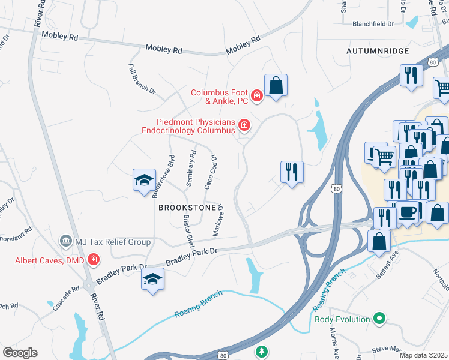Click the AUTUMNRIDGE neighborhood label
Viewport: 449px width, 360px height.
(378, 52)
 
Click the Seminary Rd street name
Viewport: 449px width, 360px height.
(191, 168)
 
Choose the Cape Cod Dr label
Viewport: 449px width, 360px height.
(210, 172)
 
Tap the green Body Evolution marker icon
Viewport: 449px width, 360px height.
(379, 319)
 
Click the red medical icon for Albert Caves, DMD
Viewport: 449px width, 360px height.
(93, 260)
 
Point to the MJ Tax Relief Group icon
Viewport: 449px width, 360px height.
(65, 242)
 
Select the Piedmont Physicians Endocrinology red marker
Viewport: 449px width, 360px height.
(244, 125)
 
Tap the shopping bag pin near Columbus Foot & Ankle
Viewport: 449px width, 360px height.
(276, 86)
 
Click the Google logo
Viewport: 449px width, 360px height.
(20, 353)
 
